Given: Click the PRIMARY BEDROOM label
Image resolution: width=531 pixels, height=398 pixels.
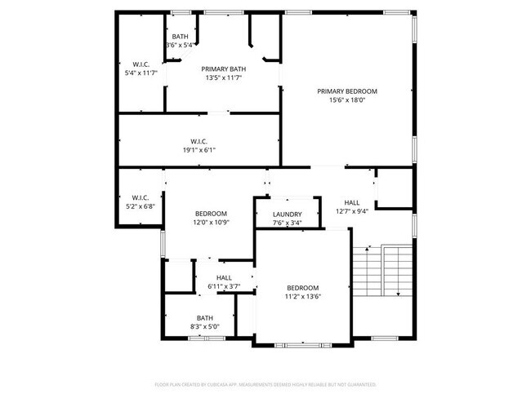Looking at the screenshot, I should pyautogui.click(x=347, y=91).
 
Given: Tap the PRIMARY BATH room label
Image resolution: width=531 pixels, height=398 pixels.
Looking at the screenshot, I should pyautogui.click(x=224, y=69).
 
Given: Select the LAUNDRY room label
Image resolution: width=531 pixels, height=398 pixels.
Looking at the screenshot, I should pyautogui.click(x=287, y=214).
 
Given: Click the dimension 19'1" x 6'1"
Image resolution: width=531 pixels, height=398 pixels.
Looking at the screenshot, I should pyautogui.click(x=199, y=150).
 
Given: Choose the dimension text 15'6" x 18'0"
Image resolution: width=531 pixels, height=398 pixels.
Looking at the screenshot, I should pyautogui.click(x=347, y=101).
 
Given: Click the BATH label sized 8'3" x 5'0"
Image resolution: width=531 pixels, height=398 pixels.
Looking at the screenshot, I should pyautogui.click(x=203, y=318).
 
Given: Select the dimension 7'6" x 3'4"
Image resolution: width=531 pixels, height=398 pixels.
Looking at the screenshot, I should pyautogui.click(x=287, y=223).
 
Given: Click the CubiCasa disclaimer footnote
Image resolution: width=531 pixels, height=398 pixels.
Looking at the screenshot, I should pyautogui.click(x=265, y=383).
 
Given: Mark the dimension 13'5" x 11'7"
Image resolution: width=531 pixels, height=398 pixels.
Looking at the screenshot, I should pyautogui.click(x=224, y=79).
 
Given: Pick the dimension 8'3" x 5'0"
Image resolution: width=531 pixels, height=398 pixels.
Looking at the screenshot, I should pyautogui.click(x=203, y=327).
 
